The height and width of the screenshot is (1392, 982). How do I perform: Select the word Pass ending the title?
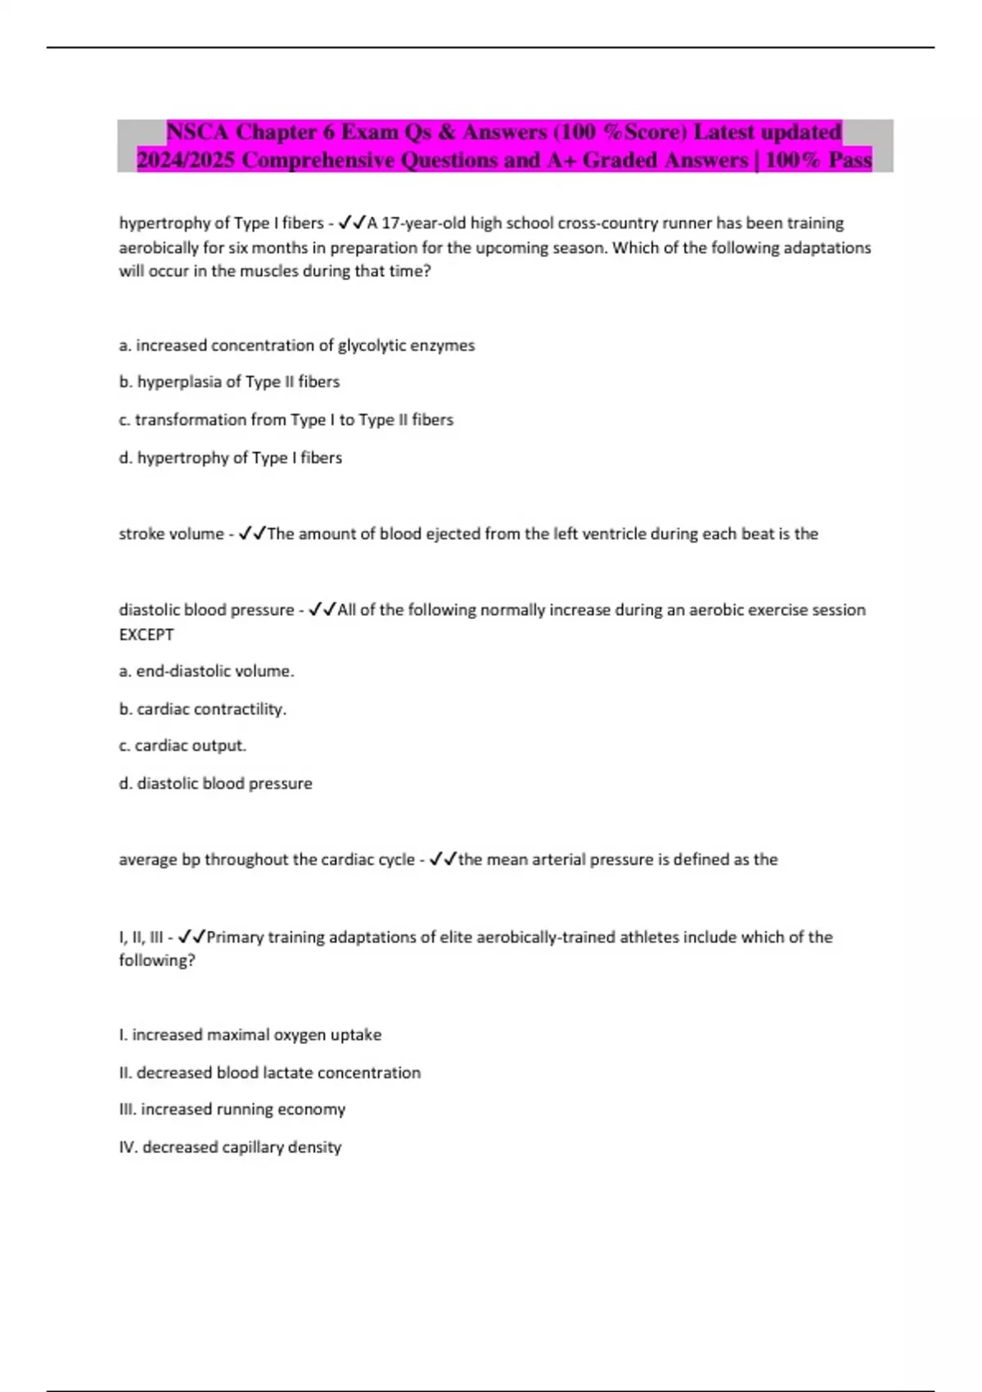click(849, 160)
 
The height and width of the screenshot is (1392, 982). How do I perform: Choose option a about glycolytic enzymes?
click(296, 346)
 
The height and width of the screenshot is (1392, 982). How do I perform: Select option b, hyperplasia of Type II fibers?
click(229, 382)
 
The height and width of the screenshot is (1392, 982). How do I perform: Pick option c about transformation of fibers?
click(286, 419)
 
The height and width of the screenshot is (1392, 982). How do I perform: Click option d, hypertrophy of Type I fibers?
click(230, 458)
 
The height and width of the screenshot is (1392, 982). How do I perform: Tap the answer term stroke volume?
click(171, 534)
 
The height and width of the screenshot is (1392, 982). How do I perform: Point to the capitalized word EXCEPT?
click(146, 635)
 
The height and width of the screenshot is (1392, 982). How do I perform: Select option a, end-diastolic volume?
click(206, 671)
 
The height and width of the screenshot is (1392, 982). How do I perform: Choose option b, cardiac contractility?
click(202, 709)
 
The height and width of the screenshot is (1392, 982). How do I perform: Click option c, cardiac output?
click(182, 746)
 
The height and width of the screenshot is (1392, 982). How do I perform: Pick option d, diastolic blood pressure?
click(215, 784)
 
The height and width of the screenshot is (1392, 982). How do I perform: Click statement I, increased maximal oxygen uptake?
click(250, 1035)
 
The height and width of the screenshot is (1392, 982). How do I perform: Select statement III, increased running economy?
click(232, 1110)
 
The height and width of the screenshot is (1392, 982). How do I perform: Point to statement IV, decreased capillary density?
click(230, 1147)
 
